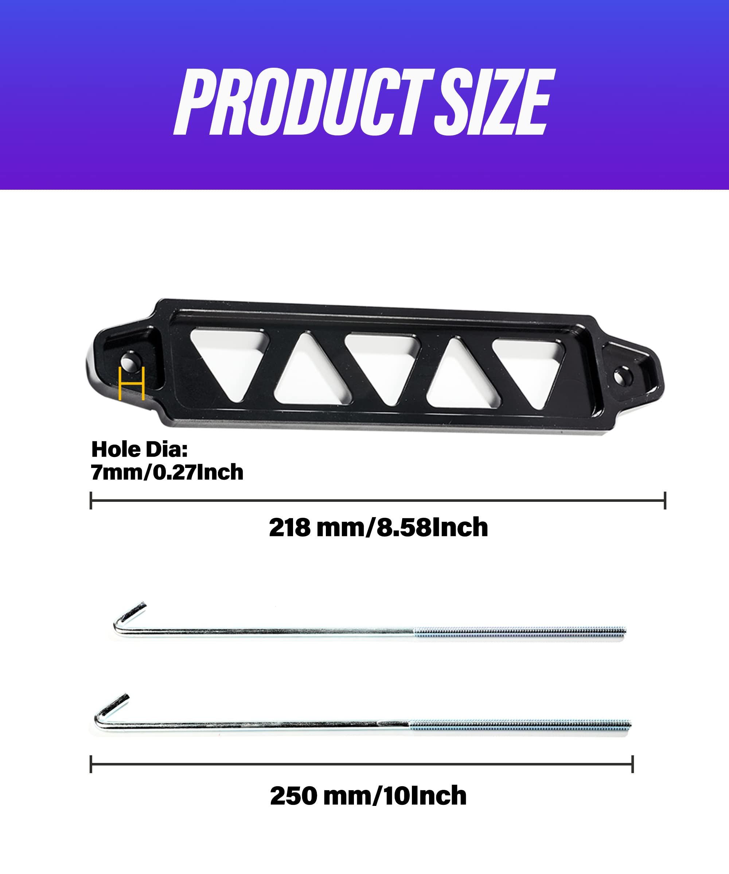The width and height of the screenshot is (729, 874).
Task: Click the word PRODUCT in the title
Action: click(x=303, y=102)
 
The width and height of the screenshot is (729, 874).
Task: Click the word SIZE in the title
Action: click(x=495, y=102)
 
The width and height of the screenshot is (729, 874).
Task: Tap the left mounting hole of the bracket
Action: click(x=130, y=362)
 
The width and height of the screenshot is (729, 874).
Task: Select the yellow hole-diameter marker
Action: click(x=132, y=383)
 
